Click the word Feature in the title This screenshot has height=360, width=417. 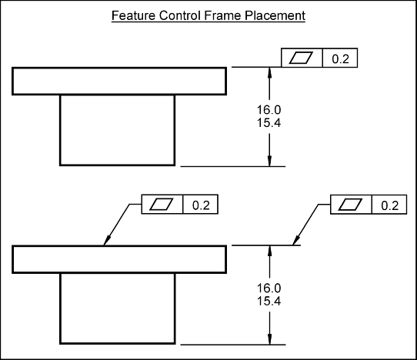coord(133,15)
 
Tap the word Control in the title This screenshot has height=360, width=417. coord(179,15)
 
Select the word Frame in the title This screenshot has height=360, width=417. coord(222,15)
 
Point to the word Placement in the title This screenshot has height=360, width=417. coord(275,15)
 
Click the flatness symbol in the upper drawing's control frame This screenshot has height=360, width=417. coord(301,58)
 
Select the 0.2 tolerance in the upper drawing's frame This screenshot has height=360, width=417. coord(340,58)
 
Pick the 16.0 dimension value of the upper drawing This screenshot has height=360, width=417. coord(269,110)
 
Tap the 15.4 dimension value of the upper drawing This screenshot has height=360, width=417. coord(269,123)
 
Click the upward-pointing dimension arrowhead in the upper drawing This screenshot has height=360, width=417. coord(270,72)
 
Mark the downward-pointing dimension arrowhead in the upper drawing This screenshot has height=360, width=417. coord(270,161)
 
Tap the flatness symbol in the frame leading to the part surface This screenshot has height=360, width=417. coord(162,204)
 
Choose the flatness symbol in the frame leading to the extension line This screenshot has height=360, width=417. coord(350,205)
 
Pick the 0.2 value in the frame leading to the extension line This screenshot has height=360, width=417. coord(390,205)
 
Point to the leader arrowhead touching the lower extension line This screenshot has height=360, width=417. coord(296,240)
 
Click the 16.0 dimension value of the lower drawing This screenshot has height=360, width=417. coord(269,288)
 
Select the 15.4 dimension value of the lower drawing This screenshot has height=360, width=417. coord(269,302)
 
